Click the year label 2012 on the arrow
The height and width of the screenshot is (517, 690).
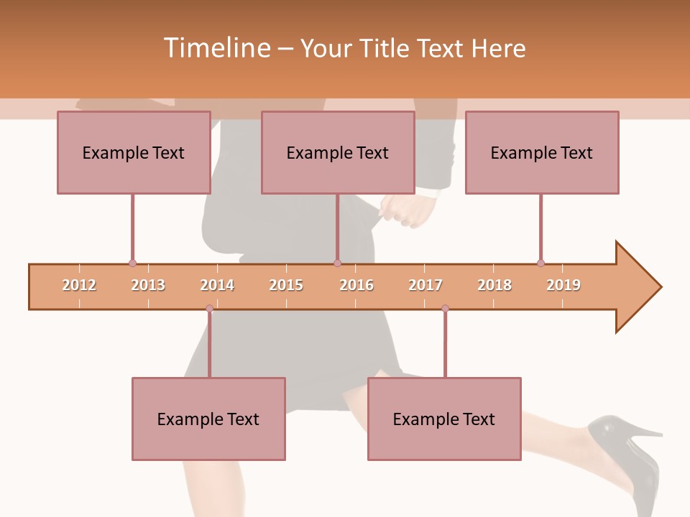(79, 285)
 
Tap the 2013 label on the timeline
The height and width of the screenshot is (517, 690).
(148, 285)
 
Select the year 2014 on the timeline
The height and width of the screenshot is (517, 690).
(217, 285)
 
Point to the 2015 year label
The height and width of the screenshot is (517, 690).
(286, 285)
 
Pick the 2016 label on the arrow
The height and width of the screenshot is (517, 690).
(356, 285)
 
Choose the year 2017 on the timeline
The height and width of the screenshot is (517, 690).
(425, 285)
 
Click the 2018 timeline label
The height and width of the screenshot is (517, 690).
(494, 285)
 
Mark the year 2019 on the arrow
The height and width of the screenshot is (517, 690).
(563, 285)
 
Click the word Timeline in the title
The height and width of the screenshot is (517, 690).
(216, 48)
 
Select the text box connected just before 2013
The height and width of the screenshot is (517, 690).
(134, 152)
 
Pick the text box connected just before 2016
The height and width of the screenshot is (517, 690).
(338, 152)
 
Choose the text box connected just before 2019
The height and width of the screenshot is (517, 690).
(542, 152)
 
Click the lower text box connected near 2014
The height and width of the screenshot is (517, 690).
(208, 419)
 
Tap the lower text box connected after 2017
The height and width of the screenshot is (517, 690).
(444, 419)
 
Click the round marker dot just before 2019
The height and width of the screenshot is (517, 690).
(540, 263)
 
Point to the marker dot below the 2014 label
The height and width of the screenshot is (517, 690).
(209, 309)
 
